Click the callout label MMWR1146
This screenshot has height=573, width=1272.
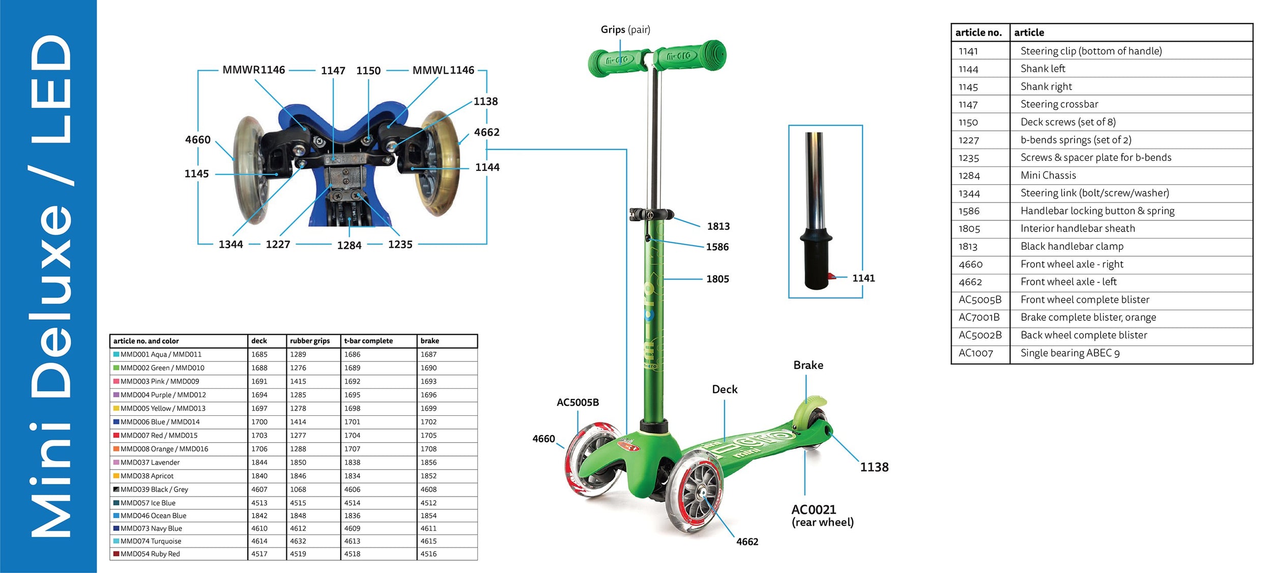pos(253,70)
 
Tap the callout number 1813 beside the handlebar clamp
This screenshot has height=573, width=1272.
pos(718,226)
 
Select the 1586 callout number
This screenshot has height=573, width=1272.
pos(717,247)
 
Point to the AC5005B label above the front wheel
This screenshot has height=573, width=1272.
pos(577,403)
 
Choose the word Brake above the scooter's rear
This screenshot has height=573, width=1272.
pos(808,365)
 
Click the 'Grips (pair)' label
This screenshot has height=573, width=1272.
pos(625,30)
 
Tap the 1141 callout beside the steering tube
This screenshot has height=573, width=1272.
pos(863,278)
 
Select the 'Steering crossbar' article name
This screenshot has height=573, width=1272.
pos(1059,104)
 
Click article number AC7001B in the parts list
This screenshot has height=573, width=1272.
pos(979,318)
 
